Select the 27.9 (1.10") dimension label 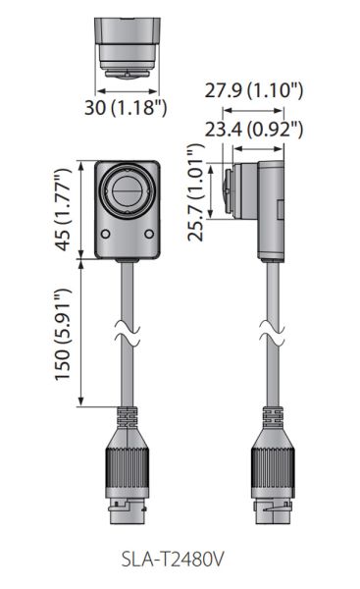[253, 91]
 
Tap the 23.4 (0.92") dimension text [253, 128]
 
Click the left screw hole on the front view [106, 233]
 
